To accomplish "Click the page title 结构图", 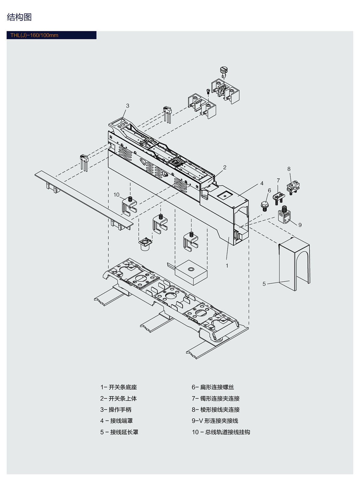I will pos(19,17).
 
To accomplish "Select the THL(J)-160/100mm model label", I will pos(34,35).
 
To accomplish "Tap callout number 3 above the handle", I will pos(127,106).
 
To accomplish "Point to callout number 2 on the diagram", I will pos(224,168).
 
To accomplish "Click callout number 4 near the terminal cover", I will pos(262,183).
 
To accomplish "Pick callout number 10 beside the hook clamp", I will pos(116,195).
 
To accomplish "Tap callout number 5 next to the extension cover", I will pos(264,284).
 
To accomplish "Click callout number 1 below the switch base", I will pos(227,266).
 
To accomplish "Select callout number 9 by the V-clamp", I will pos(300,225).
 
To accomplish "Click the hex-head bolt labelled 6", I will pos(264,206).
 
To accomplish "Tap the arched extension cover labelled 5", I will pos(294,264).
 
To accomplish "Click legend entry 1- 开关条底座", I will pos(118,387).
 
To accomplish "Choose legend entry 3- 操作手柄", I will pos(116,410).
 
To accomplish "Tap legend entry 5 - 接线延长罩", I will pos(119,432).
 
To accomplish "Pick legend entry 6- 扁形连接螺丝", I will pos(213,387).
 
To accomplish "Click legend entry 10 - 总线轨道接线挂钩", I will pos(221,432).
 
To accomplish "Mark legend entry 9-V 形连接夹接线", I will pos(215,421).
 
